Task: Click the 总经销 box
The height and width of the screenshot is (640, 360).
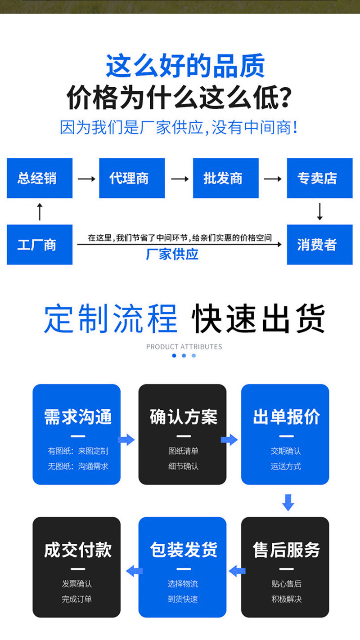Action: coord(40,178)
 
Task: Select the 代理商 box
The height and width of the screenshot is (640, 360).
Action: coord(132,178)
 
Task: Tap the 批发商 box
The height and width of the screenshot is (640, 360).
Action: coord(225,178)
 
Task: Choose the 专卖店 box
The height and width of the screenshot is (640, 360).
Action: coord(319,178)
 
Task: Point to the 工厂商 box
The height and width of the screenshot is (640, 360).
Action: coord(40,245)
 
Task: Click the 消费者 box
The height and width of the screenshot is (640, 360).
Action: coord(319,245)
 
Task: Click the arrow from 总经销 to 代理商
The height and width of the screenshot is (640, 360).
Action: coord(86,179)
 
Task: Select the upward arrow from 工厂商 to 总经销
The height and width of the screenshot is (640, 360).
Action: coord(40,211)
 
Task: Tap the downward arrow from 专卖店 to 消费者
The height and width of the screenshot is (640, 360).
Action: coord(319,211)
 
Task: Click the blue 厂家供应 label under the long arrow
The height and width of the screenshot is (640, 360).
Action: coord(172,255)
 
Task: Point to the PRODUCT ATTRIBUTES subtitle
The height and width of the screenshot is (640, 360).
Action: coord(184,347)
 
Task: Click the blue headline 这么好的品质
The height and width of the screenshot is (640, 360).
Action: coord(185,66)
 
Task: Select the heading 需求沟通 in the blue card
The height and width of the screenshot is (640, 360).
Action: coord(77,417)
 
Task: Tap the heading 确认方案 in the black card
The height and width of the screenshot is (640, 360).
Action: coord(183,417)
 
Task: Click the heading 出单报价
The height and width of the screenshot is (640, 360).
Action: coord(286,417)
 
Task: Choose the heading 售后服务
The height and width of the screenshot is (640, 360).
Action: coord(286,550)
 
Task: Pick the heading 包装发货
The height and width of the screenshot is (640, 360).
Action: coord(183,550)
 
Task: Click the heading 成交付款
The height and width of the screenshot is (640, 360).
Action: coord(77,550)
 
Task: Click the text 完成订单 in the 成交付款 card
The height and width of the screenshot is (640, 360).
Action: coord(77,599)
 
